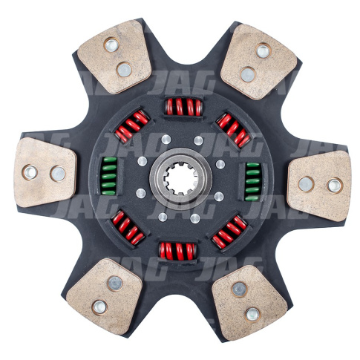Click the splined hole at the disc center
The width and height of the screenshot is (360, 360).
click(180, 180)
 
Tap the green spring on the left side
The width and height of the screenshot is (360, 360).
click(109, 176)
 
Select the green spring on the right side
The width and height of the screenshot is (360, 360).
click(252, 181)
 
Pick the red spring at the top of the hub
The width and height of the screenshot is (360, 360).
click(184, 107)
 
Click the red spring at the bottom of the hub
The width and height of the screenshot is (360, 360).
click(178, 251)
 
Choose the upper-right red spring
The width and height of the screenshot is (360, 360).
click(234, 129)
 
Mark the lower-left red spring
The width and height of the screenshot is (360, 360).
click(128, 227)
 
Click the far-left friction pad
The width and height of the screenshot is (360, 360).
click(45, 172)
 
